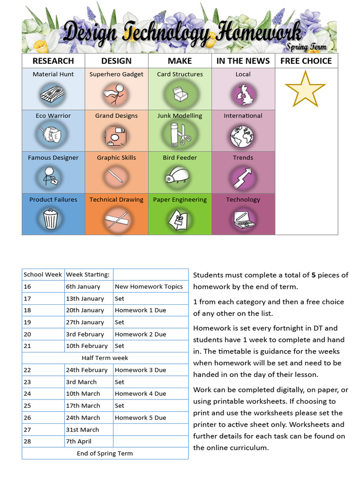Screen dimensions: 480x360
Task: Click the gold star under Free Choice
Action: pos(305,89)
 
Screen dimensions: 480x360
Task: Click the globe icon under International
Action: pos(242,136)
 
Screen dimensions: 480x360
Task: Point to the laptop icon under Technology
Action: pos(243,219)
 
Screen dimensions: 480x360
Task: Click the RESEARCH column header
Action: pos(53,61)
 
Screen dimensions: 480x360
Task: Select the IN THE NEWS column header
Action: pos(243,61)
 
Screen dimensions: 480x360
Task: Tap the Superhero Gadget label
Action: pos(116,74)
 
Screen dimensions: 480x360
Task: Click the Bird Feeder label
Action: pos(180,157)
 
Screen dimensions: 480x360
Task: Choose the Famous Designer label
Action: pos(53,157)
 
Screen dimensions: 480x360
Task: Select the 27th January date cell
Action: pos(85,322)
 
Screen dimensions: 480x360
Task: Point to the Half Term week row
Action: pos(105,358)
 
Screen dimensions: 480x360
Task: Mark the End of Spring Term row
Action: pos(105,453)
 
